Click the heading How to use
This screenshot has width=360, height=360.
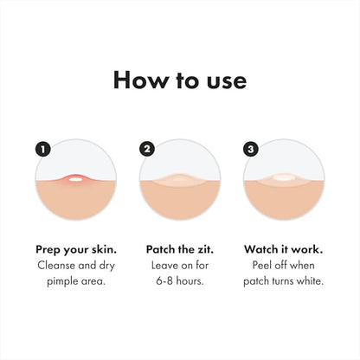(x=180, y=80)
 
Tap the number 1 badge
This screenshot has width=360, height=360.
(x=42, y=149)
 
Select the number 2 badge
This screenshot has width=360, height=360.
(x=146, y=149)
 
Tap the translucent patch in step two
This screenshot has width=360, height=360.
(x=180, y=180)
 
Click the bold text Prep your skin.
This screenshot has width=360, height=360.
(x=76, y=247)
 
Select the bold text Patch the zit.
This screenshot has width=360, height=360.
(x=180, y=247)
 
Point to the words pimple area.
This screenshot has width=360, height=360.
(x=76, y=282)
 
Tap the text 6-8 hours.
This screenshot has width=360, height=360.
(x=180, y=282)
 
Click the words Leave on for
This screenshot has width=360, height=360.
(x=180, y=265)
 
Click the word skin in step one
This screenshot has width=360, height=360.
(x=104, y=247)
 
